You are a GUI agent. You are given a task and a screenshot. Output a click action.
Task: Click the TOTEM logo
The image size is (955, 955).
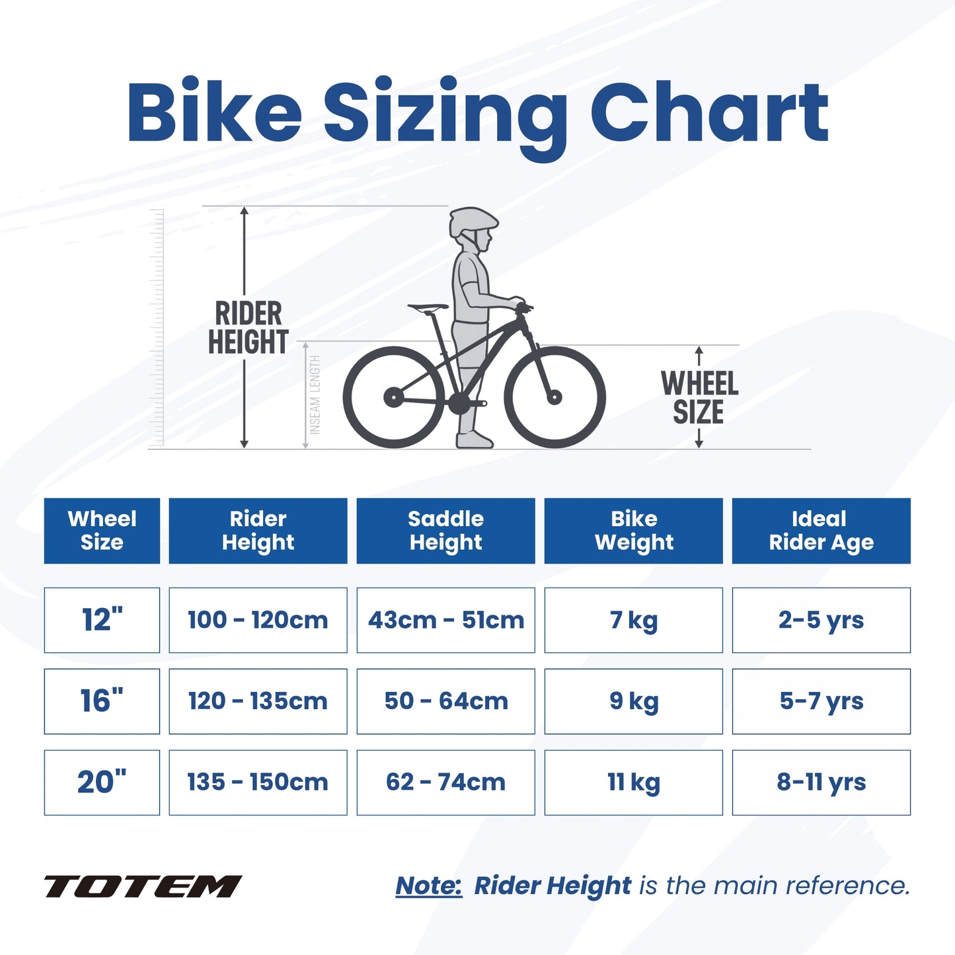click(142, 886)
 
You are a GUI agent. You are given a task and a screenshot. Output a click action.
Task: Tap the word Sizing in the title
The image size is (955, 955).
click(445, 112)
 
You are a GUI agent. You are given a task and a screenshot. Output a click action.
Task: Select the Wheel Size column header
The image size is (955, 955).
click(102, 531)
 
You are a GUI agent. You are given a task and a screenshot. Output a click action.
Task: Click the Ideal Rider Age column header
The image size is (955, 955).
click(821, 531)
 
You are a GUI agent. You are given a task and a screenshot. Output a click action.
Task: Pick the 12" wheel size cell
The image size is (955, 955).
click(102, 620)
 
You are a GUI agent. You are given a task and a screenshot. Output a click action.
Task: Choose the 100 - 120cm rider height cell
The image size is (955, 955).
click(258, 620)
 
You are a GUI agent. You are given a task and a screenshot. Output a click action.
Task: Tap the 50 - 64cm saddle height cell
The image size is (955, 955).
click(445, 701)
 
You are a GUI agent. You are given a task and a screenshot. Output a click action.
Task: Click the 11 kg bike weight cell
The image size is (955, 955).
click(633, 783)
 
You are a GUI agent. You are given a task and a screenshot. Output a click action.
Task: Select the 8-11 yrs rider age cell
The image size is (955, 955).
click(821, 783)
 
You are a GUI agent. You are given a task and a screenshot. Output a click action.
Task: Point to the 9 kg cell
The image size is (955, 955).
click(633, 701)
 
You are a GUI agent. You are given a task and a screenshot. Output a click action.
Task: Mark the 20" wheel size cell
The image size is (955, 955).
click(102, 783)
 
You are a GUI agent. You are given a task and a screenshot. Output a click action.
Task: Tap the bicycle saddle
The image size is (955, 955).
click(428, 307)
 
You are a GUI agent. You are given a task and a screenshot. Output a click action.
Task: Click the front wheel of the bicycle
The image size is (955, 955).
click(555, 397)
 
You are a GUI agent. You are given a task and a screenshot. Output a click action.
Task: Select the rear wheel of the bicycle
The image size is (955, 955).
click(394, 397)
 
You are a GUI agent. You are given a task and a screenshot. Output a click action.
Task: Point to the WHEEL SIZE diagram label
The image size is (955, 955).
click(699, 397)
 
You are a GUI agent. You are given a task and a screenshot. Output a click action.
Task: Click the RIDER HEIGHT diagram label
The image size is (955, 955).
click(248, 328)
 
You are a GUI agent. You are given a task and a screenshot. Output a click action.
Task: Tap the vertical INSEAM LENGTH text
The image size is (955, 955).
click(315, 395)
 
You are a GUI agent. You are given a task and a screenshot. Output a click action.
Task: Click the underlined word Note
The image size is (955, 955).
click(428, 886)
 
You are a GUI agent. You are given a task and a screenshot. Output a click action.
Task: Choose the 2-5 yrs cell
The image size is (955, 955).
click(821, 620)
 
